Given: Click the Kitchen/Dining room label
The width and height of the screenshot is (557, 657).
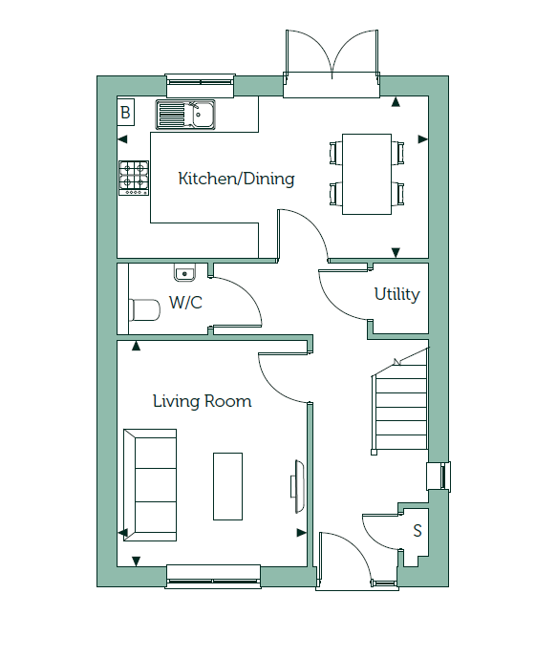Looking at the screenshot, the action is [x=236, y=179].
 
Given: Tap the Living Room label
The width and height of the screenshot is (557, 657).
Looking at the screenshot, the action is [x=202, y=401].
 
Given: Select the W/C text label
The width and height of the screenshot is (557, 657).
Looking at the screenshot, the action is [x=185, y=303].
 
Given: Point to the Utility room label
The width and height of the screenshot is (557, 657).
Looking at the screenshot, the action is [x=396, y=294].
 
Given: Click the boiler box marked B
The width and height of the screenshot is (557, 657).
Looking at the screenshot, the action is [x=125, y=113].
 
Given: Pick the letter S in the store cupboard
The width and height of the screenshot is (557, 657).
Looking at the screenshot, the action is [x=418, y=531].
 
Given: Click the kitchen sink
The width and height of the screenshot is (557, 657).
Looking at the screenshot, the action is [x=185, y=115].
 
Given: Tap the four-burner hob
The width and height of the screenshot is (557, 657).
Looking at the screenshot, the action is [x=134, y=178].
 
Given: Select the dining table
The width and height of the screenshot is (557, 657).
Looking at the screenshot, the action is [x=367, y=175].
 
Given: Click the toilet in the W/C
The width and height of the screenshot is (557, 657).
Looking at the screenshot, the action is [x=144, y=310].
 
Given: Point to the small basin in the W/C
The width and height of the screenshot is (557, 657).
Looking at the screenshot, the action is [x=184, y=272].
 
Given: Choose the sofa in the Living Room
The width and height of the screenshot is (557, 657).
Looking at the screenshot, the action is [x=150, y=485].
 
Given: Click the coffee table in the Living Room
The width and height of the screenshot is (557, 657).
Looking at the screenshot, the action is [x=227, y=486].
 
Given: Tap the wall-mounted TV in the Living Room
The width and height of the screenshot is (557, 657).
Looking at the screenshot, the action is [x=297, y=486].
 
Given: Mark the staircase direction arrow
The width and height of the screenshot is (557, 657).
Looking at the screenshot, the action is [x=397, y=362].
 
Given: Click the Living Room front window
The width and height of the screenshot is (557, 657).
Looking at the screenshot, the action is [x=213, y=577].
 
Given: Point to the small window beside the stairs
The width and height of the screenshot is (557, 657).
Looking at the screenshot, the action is [x=439, y=476].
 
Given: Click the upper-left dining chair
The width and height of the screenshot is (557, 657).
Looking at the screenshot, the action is [x=335, y=153].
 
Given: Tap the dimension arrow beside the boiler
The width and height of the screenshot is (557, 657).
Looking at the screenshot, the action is [x=122, y=139].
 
